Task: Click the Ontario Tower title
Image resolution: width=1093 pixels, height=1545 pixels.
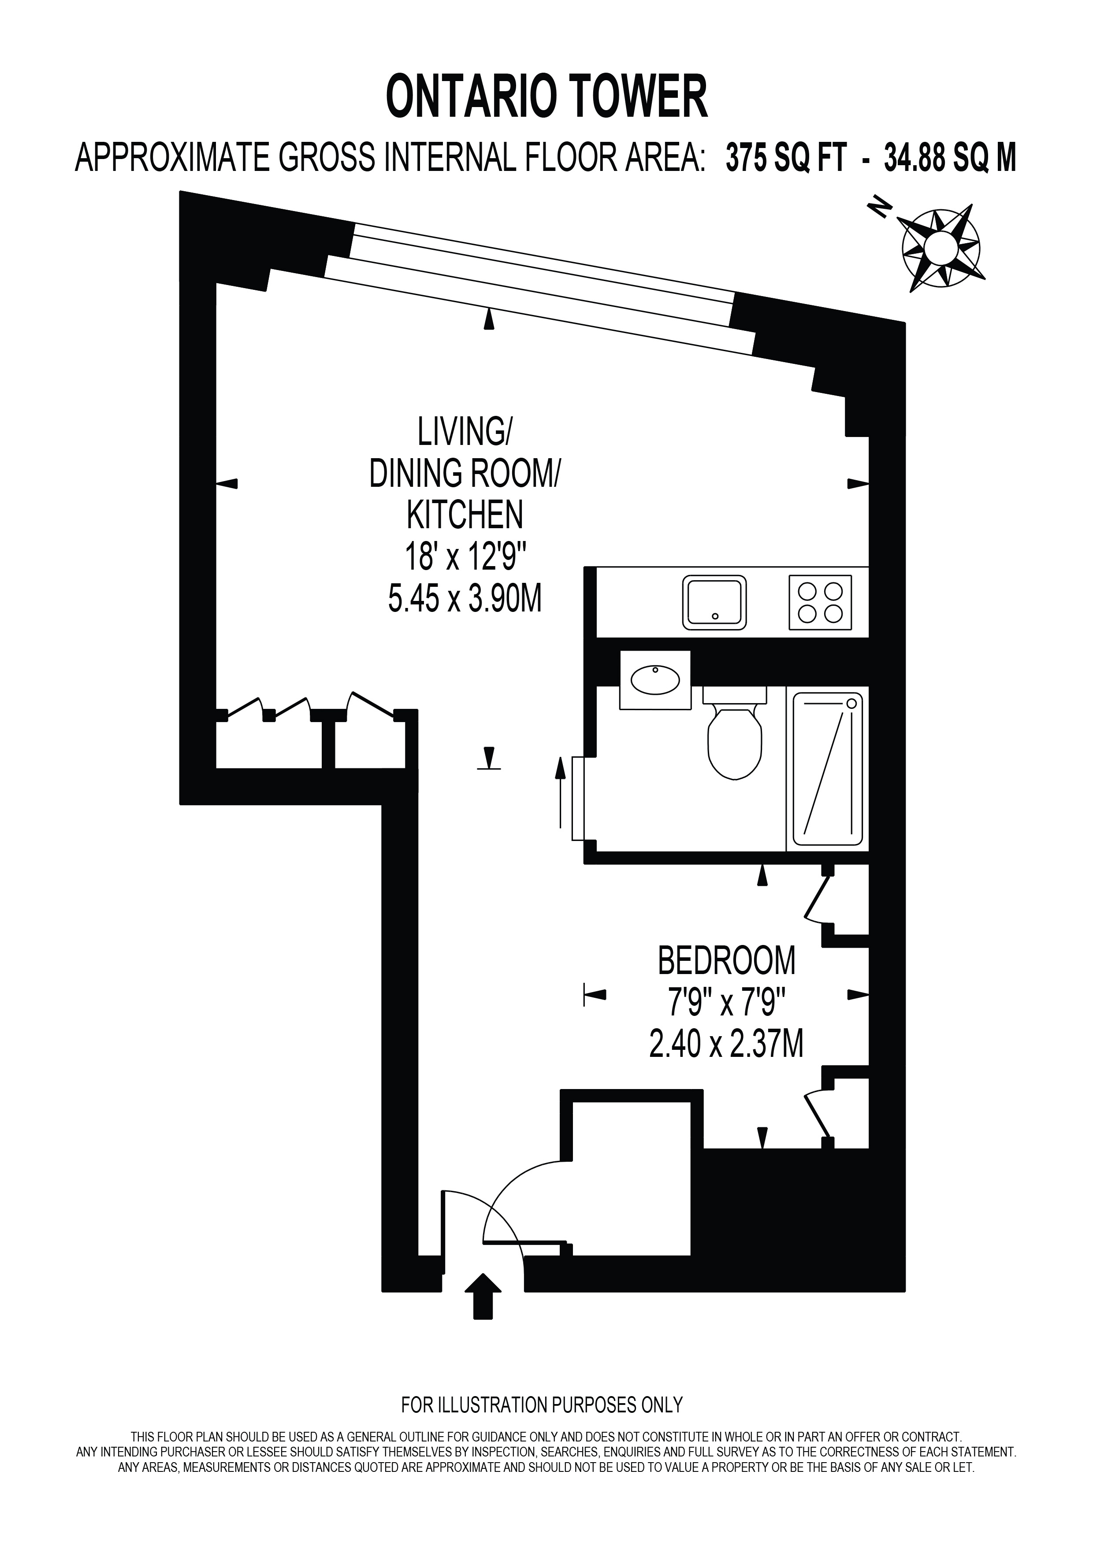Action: pyautogui.click(x=546, y=97)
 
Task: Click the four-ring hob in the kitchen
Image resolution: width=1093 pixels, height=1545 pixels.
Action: pyautogui.click(x=820, y=602)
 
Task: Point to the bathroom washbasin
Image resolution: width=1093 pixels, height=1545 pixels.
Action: pyautogui.click(x=655, y=680)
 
